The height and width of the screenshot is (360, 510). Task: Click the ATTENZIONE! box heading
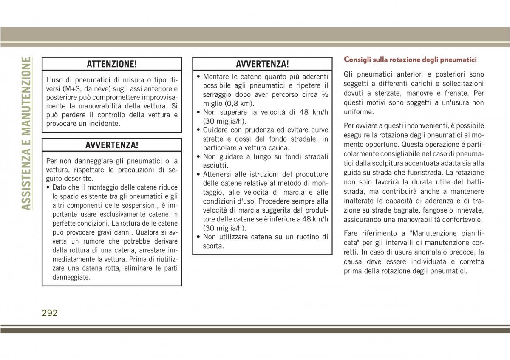[x=112, y=64]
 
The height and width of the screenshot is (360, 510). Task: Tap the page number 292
[x=50, y=313]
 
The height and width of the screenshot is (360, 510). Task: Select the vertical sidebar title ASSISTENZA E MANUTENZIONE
[x=26, y=133]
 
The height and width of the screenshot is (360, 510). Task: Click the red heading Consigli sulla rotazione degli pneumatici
[x=410, y=60]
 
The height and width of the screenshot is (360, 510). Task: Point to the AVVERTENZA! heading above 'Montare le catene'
[x=262, y=64]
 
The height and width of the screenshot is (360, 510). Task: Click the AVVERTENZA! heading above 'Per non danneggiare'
[x=112, y=145]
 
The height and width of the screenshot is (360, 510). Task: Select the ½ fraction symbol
[x=324, y=95]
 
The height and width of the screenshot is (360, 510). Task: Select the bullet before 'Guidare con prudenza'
[x=198, y=130]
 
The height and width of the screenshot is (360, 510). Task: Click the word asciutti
[x=215, y=165]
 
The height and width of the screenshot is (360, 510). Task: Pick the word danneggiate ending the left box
[x=71, y=277]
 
